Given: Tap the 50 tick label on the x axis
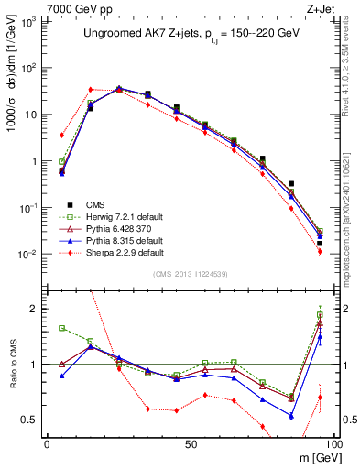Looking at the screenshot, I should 190,443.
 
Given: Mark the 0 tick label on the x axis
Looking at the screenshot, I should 47,443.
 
